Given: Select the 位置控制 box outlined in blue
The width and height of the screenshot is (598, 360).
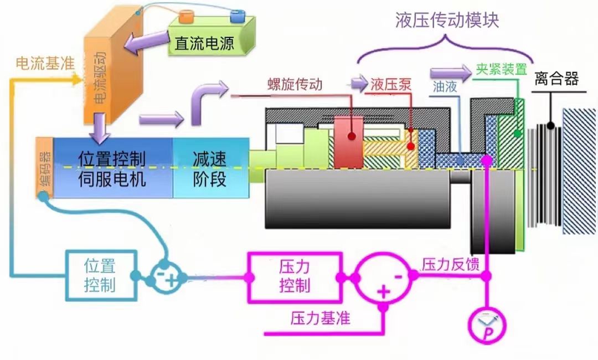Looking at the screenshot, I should pyautogui.click(x=100, y=275).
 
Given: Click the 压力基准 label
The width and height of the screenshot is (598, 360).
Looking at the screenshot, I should pyautogui.click(x=320, y=318).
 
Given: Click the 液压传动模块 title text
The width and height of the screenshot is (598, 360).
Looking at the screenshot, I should pyautogui.click(x=447, y=20).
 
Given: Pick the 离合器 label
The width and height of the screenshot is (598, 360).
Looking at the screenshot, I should pyautogui.click(x=556, y=79).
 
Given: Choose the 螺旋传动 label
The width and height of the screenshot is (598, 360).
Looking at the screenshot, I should pyautogui.click(x=295, y=84).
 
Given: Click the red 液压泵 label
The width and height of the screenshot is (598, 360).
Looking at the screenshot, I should pyautogui.click(x=391, y=85).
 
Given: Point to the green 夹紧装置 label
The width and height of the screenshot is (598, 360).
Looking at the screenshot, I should pyautogui.click(x=501, y=70).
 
